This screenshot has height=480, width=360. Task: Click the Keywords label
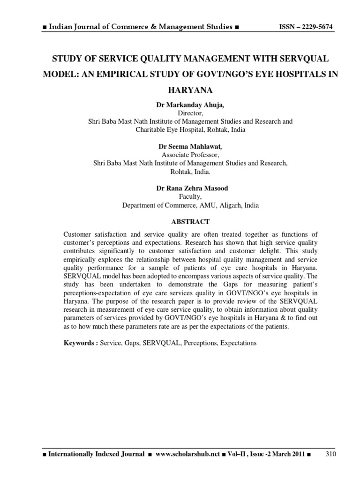click(80, 343)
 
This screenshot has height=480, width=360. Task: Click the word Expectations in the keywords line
click(236, 343)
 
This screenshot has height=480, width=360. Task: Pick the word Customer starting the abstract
click(77, 234)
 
